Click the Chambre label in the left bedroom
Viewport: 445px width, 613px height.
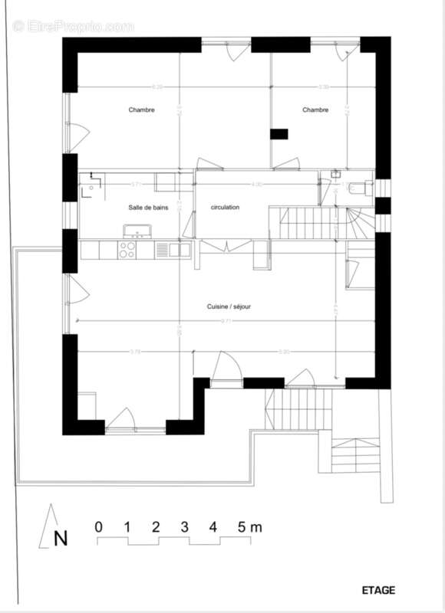[141, 110]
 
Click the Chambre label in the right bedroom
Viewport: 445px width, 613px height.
[315, 110]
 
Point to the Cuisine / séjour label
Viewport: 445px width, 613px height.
[229, 306]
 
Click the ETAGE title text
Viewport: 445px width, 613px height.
[378, 590]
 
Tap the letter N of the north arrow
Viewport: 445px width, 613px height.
[60, 538]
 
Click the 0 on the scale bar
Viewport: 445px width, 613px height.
[98, 527]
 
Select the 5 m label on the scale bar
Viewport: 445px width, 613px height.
[249, 527]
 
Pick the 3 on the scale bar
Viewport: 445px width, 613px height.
[185, 527]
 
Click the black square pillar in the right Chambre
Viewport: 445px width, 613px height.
[279, 134]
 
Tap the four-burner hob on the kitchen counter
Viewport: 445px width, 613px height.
[127, 249]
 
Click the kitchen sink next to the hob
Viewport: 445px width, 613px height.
[180, 249]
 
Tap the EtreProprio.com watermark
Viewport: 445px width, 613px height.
[73, 26]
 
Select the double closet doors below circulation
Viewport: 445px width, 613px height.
[226, 245]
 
